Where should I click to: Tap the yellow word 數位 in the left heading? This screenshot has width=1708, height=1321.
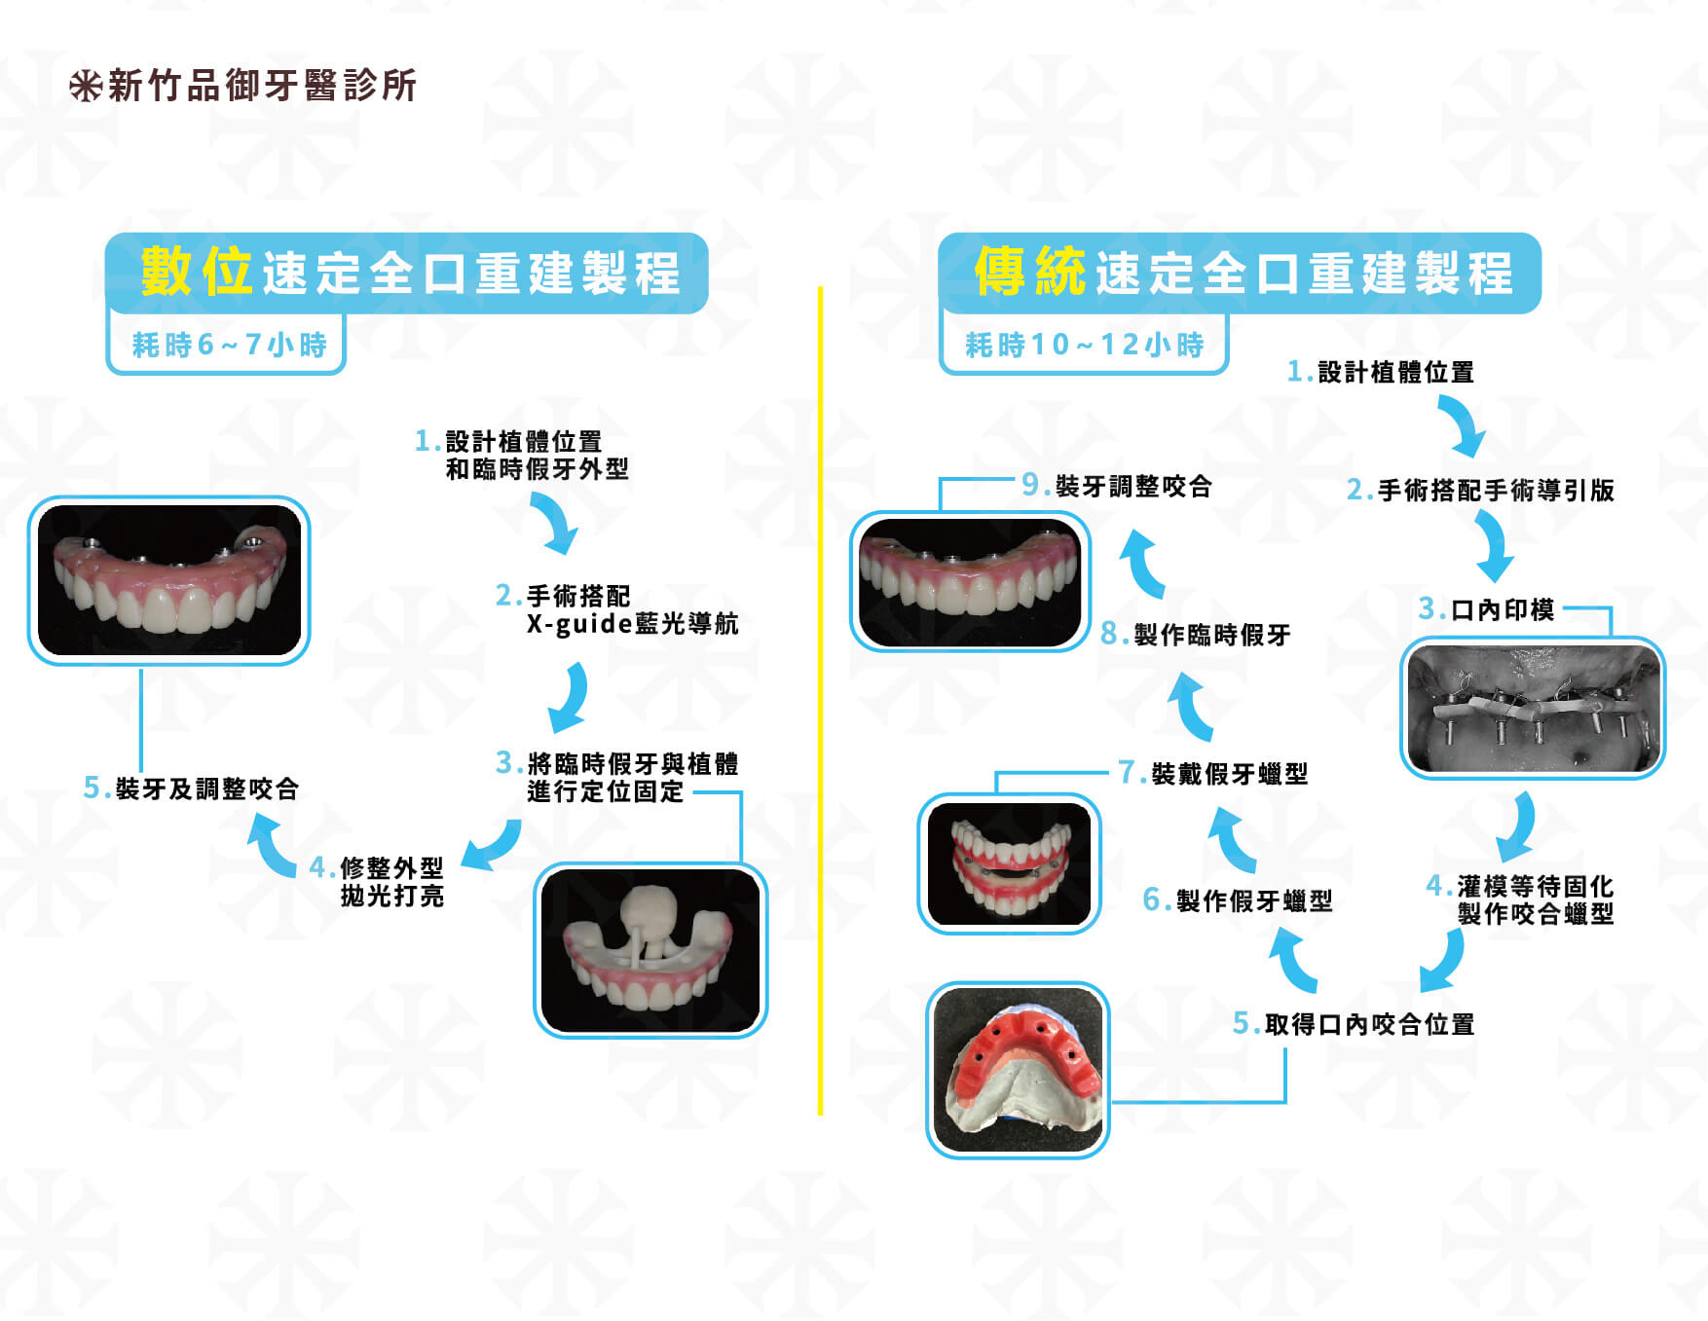point(197,271)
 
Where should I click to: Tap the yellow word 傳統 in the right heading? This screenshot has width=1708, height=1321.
point(1030,271)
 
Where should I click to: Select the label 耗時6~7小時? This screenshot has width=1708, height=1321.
point(230,345)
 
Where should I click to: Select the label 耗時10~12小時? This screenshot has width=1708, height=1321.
point(1085,345)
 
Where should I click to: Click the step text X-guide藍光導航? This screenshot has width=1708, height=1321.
point(633,623)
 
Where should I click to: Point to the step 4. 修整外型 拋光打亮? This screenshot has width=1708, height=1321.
point(377,881)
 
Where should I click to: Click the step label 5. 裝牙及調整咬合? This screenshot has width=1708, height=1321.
point(191,788)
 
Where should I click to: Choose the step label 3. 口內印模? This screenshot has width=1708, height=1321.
point(1486,609)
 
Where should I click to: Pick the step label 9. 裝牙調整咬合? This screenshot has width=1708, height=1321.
point(1117,486)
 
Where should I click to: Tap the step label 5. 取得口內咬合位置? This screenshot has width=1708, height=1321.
point(1354,1024)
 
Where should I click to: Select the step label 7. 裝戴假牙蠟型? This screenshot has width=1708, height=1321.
point(1213,773)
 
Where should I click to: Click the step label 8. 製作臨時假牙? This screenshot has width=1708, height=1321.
point(1196,635)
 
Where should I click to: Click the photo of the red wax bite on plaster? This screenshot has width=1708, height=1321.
point(1018,1070)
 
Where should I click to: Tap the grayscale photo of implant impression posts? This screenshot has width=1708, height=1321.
point(1533,708)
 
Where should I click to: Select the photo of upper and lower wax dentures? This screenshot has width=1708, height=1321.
point(1010,863)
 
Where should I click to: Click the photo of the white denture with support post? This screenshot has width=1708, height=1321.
point(650,950)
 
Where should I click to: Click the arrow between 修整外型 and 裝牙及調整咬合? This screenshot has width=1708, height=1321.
point(272,844)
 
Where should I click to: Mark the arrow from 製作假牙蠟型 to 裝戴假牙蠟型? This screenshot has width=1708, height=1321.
point(1232,840)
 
